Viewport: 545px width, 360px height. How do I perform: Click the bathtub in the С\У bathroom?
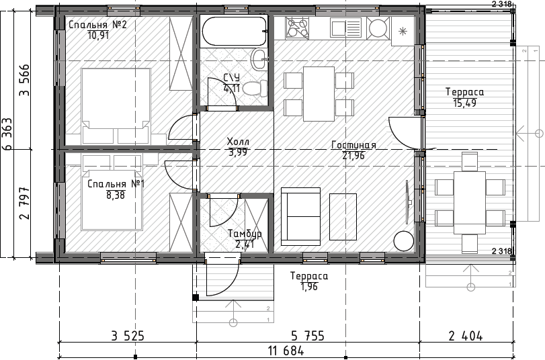[x=234, y=31]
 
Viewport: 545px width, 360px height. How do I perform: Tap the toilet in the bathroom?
[x=255, y=88]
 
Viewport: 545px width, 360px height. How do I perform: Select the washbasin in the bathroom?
[x=259, y=59]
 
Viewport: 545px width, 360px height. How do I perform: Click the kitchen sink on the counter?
[x=346, y=28]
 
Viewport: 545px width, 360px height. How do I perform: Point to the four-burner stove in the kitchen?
[x=297, y=28]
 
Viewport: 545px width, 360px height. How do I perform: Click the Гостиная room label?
[x=353, y=145]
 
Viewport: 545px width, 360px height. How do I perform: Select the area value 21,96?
[x=353, y=156]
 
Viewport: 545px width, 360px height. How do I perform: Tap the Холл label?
[x=238, y=142]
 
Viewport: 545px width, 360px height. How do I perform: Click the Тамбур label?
[x=245, y=234]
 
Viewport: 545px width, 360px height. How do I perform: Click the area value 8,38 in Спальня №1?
[x=116, y=195]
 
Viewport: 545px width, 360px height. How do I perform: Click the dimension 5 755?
[x=308, y=336]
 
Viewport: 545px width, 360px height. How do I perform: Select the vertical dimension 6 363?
[x=7, y=134]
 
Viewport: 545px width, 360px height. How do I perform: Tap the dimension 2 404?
[x=466, y=336]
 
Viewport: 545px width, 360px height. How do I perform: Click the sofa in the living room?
[x=300, y=216]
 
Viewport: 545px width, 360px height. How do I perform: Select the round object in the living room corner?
[x=403, y=241]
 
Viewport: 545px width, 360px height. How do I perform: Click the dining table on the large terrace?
[x=470, y=203]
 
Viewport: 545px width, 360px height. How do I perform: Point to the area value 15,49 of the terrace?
[x=465, y=103]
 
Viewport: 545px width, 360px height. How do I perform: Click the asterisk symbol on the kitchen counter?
[x=403, y=32]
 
